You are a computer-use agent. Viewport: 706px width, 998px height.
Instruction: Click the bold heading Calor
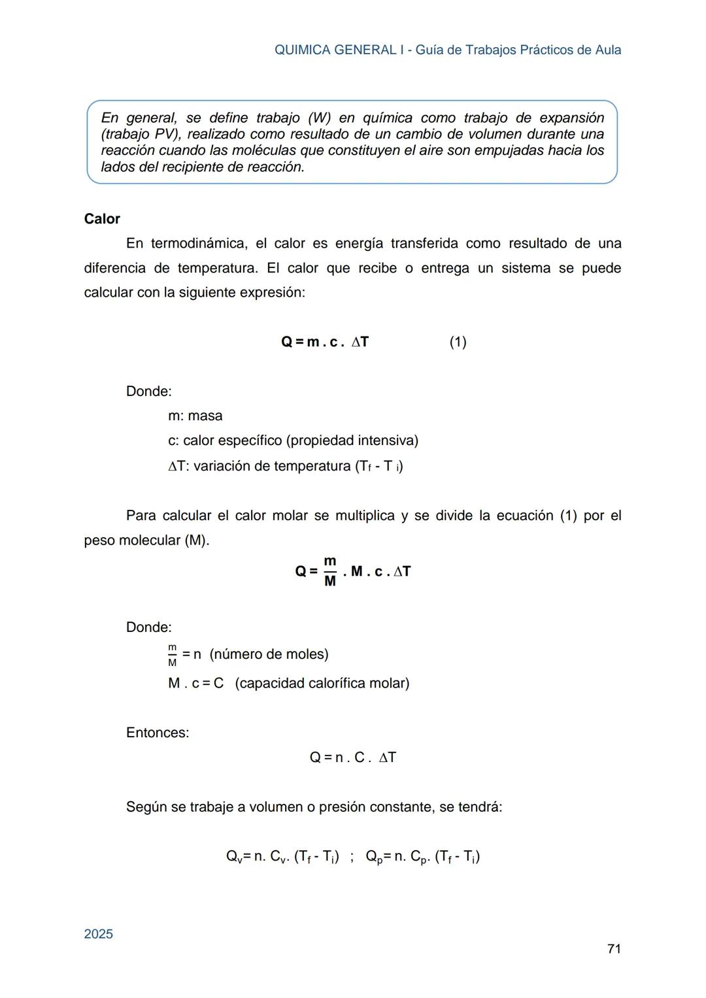pyautogui.click(x=102, y=219)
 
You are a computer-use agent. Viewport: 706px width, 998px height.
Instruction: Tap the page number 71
pyautogui.click(x=613, y=948)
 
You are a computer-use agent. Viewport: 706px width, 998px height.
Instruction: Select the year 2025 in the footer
pyautogui.click(x=98, y=934)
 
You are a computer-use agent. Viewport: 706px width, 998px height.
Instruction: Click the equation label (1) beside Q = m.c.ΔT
pyautogui.click(x=458, y=342)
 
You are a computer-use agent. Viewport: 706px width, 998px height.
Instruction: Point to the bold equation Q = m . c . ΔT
pyautogui.click(x=325, y=342)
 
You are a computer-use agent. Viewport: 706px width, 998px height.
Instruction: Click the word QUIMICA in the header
pyautogui.click(x=302, y=50)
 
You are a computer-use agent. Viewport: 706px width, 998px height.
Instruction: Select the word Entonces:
pyautogui.click(x=157, y=733)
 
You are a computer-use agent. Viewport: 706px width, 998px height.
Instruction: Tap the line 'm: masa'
pyautogui.click(x=195, y=416)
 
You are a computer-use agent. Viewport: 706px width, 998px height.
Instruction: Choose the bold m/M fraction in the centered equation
pyautogui.click(x=330, y=571)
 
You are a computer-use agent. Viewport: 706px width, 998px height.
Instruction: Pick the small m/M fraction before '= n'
pyautogui.click(x=172, y=655)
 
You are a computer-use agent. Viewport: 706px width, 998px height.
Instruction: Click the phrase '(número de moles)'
pyautogui.click(x=269, y=654)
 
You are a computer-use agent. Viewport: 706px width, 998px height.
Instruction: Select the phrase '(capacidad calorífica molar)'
pyautogui.click(x=322, y=683)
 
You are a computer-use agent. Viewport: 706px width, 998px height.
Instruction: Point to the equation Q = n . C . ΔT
pyautogui.click(x=352, y=757)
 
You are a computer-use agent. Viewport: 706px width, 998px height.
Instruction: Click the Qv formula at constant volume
pyautogui.click(x=282, y=857)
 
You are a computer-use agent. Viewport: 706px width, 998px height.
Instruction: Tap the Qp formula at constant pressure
pyautogui.click(x=422, y=857)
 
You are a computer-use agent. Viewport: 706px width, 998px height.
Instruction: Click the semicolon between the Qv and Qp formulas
pyautogui.click(x=352, y=857)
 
